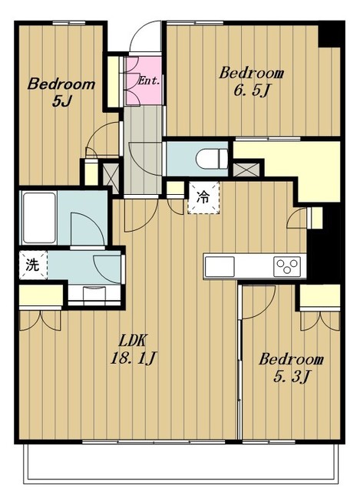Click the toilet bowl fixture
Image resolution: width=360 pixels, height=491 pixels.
coord(212,159)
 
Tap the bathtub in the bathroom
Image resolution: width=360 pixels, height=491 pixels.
coord(39,217)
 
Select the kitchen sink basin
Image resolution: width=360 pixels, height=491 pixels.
coord(220,266)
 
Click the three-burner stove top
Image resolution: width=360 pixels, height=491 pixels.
coord(287,266)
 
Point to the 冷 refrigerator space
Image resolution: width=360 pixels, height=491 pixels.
coord(203,198)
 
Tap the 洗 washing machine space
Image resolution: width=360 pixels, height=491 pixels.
coord(33,265)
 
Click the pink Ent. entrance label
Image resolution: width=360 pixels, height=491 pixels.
coord(149,81)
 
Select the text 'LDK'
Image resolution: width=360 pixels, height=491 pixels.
coord(132,341)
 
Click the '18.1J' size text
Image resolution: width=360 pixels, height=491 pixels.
coord(132,358)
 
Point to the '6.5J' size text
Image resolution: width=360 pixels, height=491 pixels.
coord(251,91)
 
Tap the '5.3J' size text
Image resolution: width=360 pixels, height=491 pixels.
coord(292,377)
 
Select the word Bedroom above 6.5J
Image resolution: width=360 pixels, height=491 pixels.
coord(251,73)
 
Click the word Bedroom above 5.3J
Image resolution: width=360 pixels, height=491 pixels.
coord(291,359)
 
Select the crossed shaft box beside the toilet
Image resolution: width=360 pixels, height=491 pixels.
coord(246,169)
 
